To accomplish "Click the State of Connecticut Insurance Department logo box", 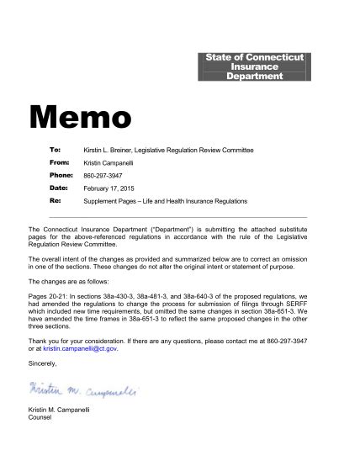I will pos(256,66).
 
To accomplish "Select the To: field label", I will pos(55,148).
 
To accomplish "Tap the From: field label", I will pos(59,161).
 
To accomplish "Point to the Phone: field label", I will pos(61,174).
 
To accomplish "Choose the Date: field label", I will pos(58,188).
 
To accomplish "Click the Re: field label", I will pos(56,202).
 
